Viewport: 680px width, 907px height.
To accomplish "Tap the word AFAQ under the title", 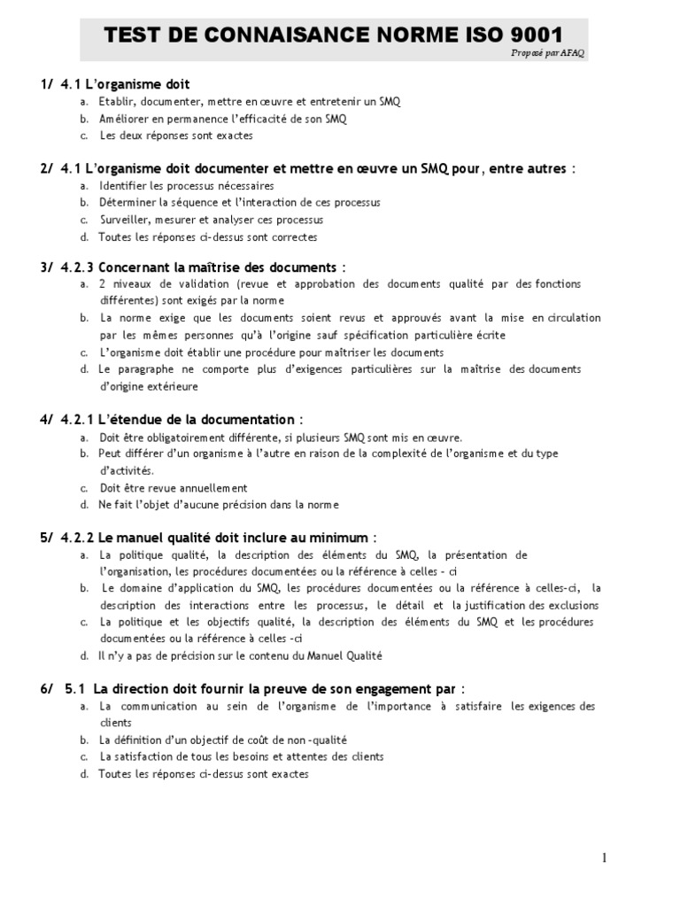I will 572,53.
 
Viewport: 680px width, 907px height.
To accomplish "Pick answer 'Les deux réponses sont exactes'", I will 176,136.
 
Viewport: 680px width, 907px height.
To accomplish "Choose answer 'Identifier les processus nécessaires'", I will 187,186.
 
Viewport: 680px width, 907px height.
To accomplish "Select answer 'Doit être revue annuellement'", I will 174,488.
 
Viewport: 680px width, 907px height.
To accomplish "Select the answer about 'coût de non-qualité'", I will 223,740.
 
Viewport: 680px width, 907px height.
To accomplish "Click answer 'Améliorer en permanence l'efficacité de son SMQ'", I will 216,119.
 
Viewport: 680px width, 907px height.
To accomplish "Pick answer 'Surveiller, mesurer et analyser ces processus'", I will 212,220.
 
